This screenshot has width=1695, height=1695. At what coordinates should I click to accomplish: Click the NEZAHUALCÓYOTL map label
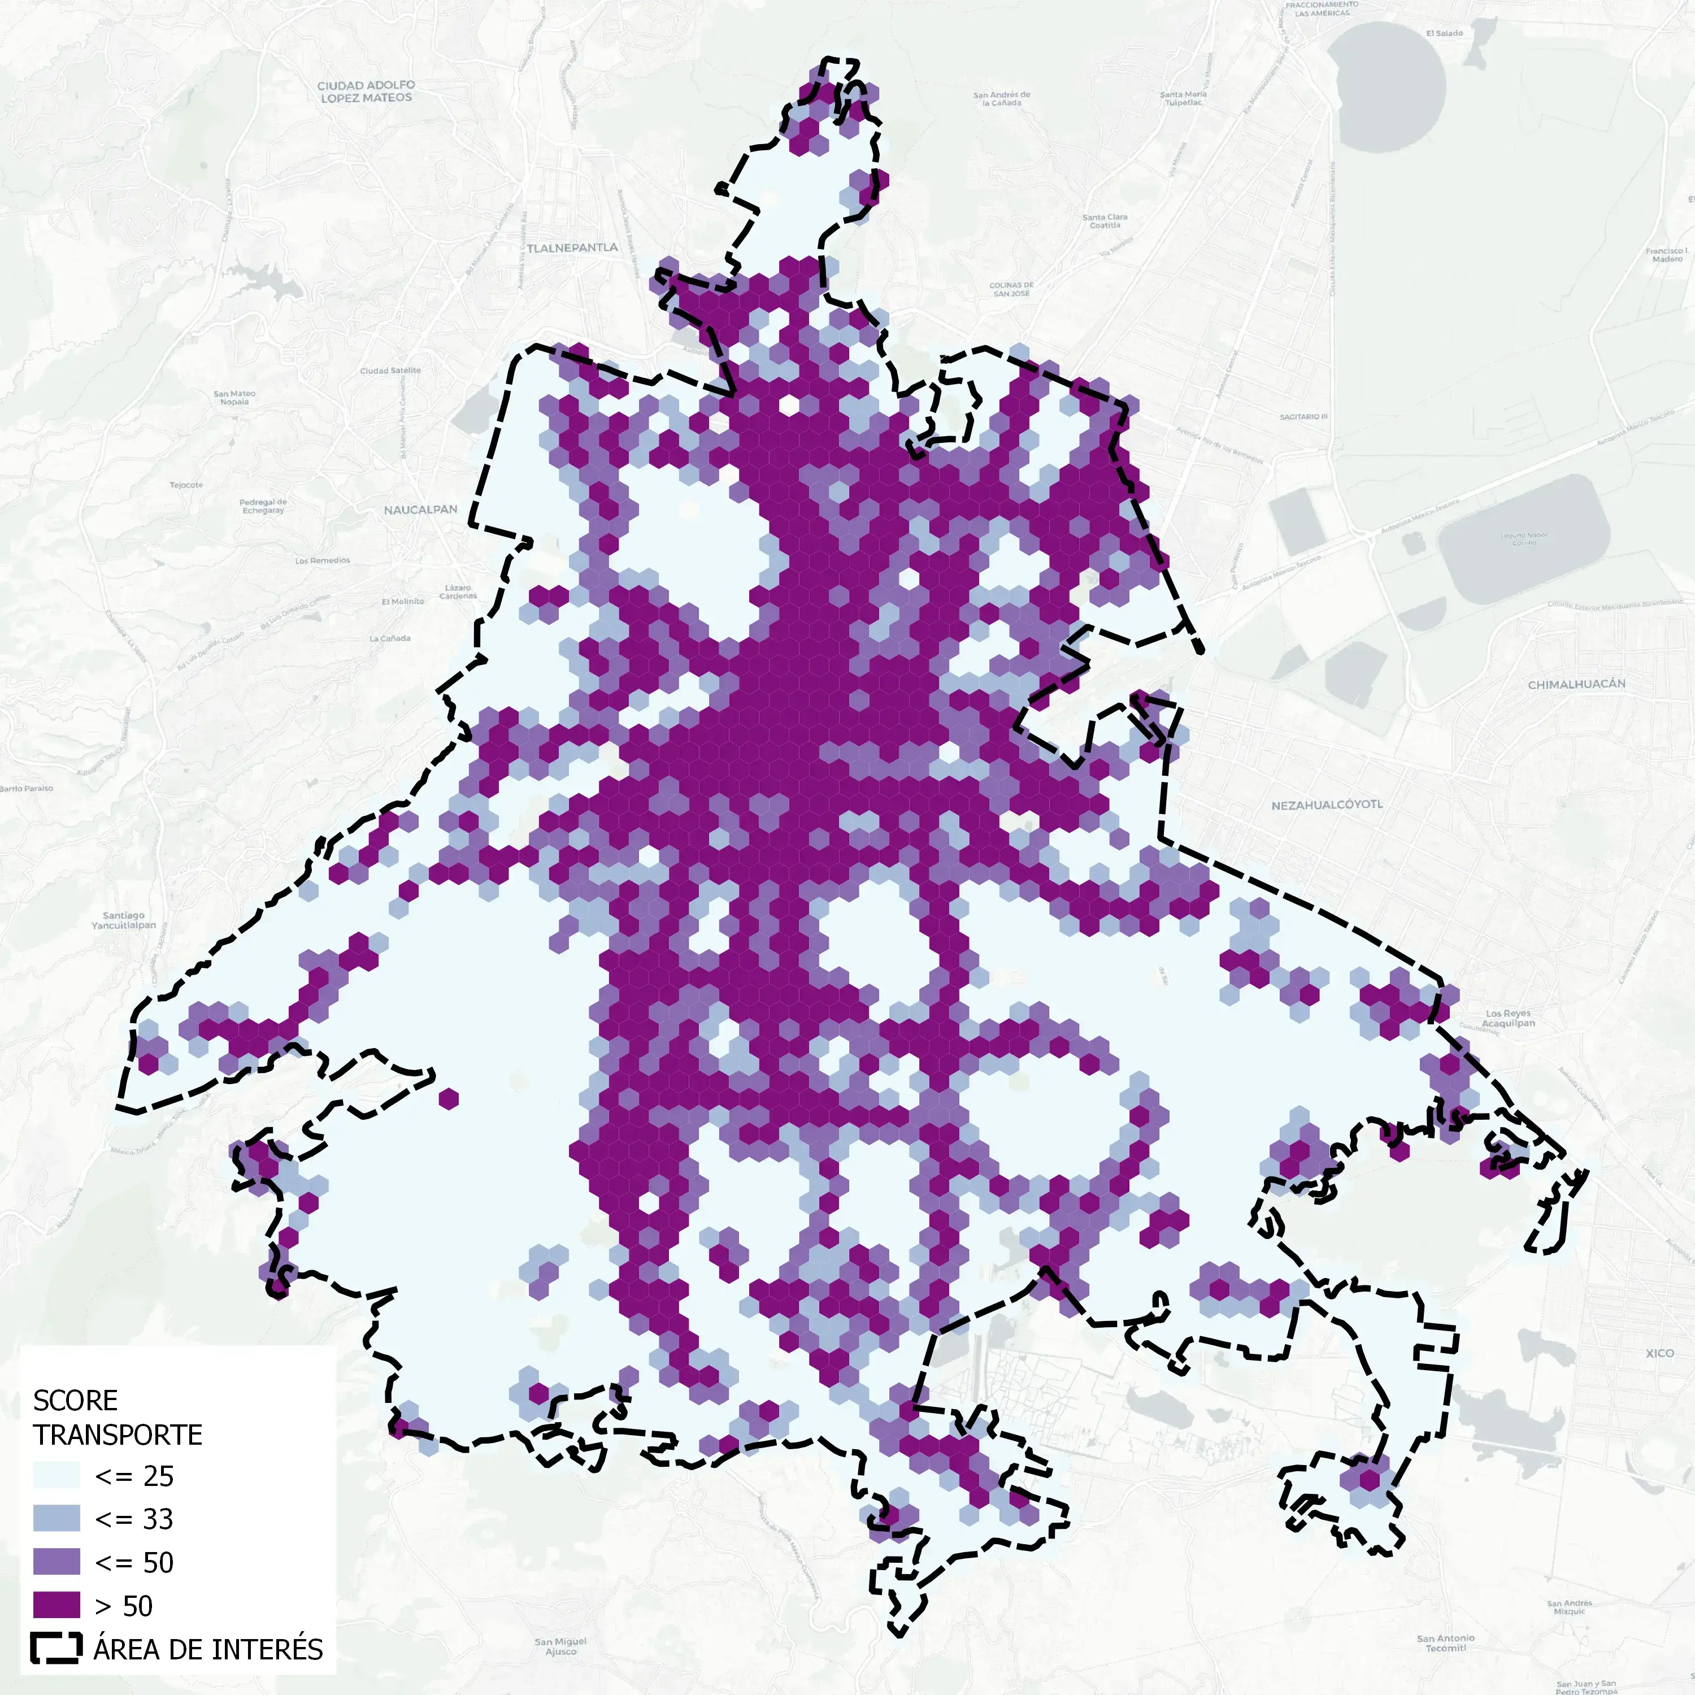pyautogui.click(x=1327, y=805)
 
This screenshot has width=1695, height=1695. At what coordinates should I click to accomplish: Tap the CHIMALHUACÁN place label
pyautogui.click(x=1576, y=684)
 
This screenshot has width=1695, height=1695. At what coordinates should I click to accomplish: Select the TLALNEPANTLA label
pyautogui.click(x=572, y=248)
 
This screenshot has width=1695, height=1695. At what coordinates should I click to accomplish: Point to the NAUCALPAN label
pyautogui.click(x=420, y=510)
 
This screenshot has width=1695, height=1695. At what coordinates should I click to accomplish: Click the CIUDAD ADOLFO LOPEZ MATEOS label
pyautogui.click(x=366, y=91)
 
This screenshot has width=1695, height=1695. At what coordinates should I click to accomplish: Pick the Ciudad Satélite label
pyautogui.click(x=390, y=370)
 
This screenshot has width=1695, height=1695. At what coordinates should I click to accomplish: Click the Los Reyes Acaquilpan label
pyautogui.click(x=1508, y=1018)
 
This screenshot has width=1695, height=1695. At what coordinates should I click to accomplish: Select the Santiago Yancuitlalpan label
pyautogui.click(x=124, y=920)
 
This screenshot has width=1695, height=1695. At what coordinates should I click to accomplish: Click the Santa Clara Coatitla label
pyautogui.click(x=1105, y=221)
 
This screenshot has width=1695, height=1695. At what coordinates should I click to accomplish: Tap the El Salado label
pyautogui.click(x=1444, y=33)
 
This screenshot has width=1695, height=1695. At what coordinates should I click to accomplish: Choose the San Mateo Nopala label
pyautogui.click(x=234, y=397)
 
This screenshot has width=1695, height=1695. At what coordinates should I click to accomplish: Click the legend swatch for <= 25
pyautogui.click(x=56, y=1476)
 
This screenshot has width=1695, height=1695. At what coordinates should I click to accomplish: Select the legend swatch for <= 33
pyautogui.click(x=56, y=1519)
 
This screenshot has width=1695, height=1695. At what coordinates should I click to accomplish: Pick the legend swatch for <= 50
pyautogui.click(x=56, y=1562)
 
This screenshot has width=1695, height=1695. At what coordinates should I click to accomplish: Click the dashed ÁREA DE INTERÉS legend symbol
pyautogui.click(x=56, y=1649)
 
